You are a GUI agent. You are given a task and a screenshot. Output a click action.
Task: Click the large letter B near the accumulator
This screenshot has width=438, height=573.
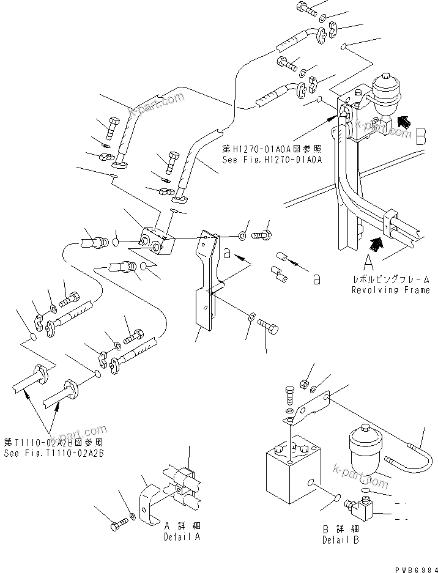pos(420,137)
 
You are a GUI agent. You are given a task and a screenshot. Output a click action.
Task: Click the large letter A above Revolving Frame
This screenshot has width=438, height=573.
pos(369,264)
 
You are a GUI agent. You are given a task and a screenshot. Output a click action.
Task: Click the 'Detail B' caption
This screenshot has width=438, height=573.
pos(341,535)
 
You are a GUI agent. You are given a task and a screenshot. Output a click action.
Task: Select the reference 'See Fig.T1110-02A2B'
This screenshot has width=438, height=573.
pos(54,453)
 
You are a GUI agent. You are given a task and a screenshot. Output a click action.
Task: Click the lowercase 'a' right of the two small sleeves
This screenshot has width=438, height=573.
pos(316,279)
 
